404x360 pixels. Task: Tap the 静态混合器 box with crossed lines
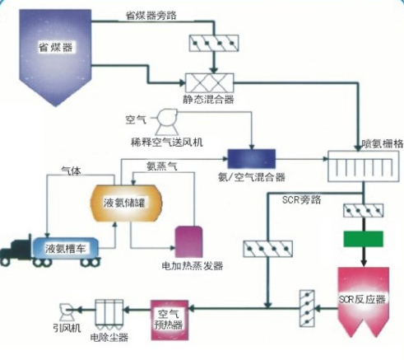click(210, 82)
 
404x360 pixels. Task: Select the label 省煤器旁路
click(151, 16)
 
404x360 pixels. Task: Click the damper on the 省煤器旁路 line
click(214, 43)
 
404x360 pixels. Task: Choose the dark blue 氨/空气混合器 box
click(252, 159)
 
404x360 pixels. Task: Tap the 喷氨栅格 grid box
click(364, 166)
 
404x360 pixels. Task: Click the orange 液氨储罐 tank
click(126, 203)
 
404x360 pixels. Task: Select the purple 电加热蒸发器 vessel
click(189, 241)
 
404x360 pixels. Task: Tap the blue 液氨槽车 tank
click(66, 248)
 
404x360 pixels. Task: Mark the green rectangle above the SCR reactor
click(364, 239)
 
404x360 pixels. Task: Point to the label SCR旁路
click(301, 200)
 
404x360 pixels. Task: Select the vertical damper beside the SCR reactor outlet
click(307, 308)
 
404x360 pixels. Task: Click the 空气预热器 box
click(169, 320)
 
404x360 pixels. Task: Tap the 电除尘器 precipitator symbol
click(109, 315)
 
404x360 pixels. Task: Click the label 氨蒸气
click(162, 166)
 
